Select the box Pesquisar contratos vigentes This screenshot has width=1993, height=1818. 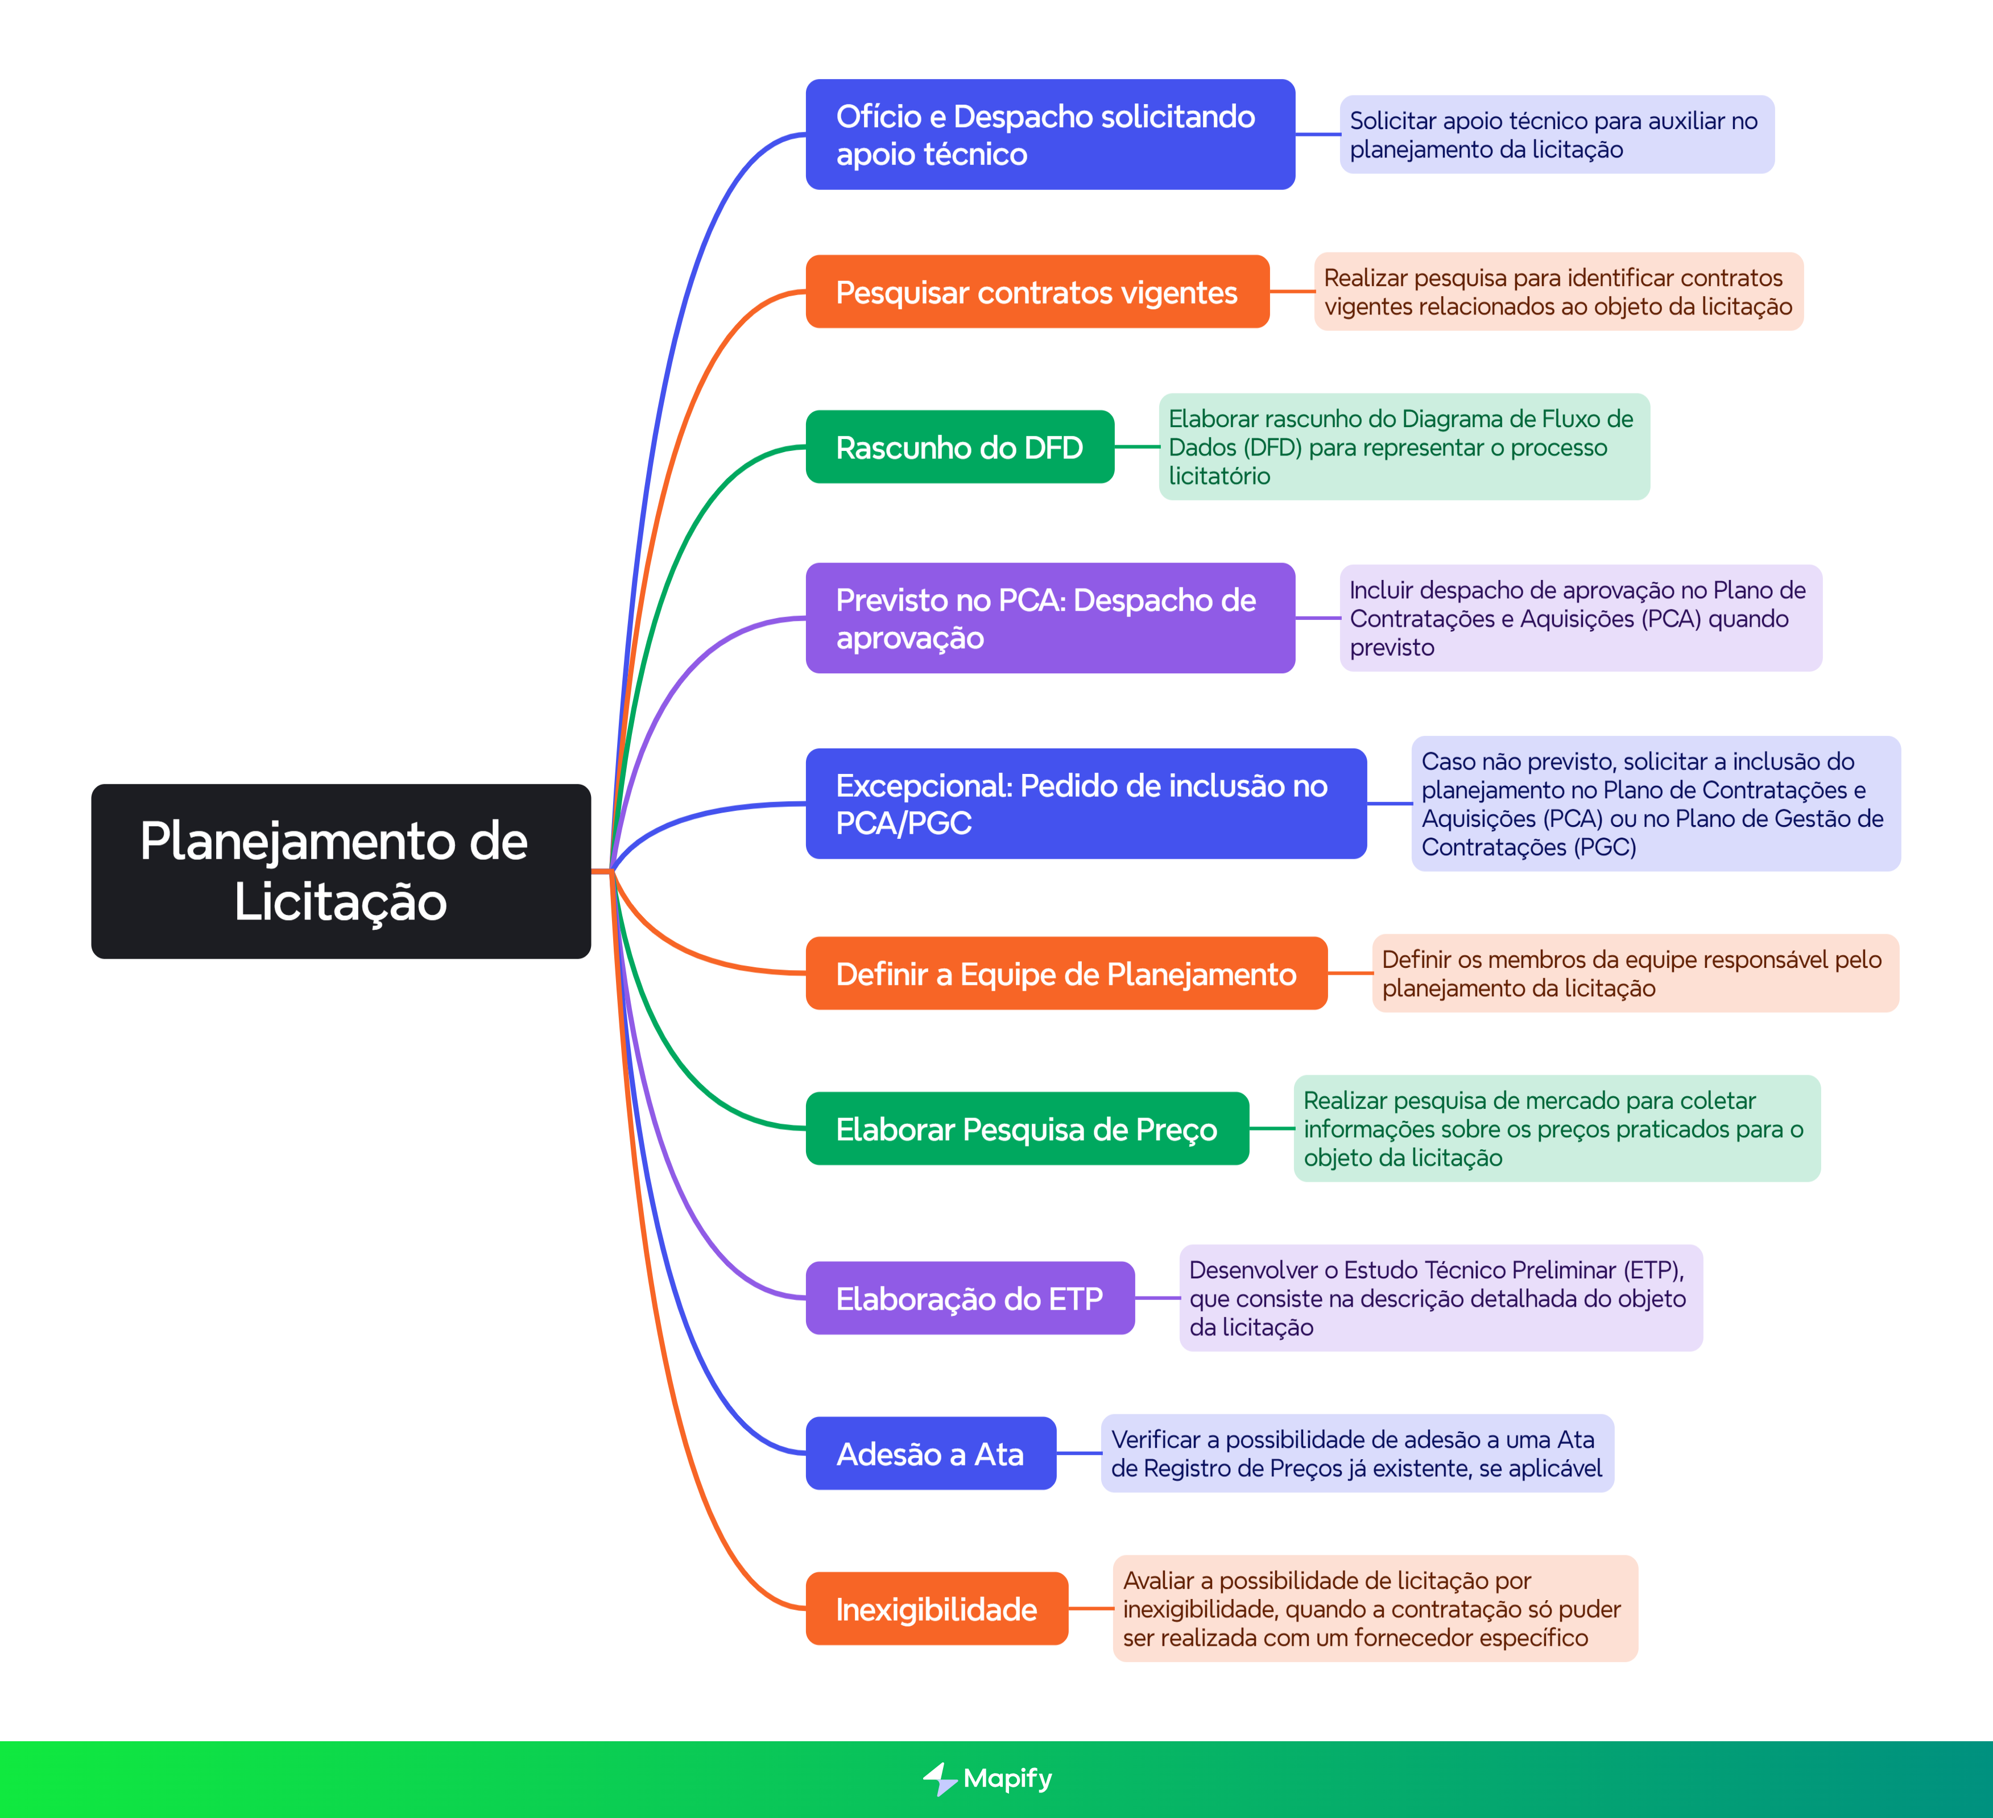click(1036, 292)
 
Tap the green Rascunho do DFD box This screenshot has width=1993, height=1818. click(959, 447)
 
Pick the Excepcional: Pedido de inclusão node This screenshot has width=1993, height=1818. click(1085, 803)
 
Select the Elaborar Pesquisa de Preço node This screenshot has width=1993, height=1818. click(1026, 1128)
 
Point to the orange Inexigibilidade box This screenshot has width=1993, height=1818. click(936, 1608)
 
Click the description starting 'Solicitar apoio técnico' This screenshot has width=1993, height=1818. click(1556, 134)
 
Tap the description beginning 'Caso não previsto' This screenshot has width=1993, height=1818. click(1655, 803)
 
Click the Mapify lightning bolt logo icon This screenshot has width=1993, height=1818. click(939, 1778)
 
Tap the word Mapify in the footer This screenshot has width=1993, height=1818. click(1007, 1778)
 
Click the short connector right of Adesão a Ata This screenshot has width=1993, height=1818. click(1078, 1453)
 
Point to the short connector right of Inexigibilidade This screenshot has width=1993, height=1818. click(1090, 1608)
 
